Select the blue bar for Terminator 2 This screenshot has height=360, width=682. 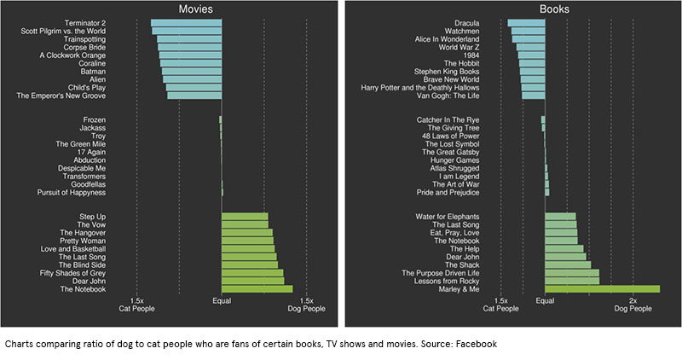tap(186, 23)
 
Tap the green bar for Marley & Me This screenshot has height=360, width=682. tap(602, 289)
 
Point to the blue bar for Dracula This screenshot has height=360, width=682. tap(526, 23)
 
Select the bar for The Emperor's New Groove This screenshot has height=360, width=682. tap(194, 95)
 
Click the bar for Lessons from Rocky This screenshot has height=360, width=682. tap(572, 280)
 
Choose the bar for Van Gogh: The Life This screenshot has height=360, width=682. tap(534, 95)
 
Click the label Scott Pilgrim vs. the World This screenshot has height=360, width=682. tap(63, 32)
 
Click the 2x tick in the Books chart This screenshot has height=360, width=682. tap(632, 301)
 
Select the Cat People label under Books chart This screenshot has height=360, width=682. tap(501, 310)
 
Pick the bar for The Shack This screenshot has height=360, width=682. tap(568, 264)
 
